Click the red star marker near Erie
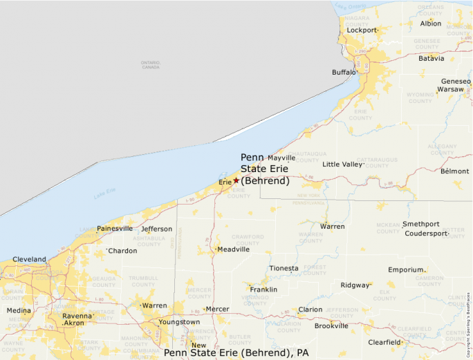click(x=236, y=180)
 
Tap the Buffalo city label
click(x=344, y=72)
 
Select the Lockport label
click(x=362, y=30)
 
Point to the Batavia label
click(x=432, y=58)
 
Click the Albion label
click(x=431, y=23)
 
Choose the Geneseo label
click(x=456, y=81)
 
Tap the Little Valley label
click(x=342, y=164)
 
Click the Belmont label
click(x=454, y=171)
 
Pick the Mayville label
click(x=281, y=158)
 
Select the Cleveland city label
click(x=29, y=259)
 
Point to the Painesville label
click(x=115, y=228)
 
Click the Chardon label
click(x=122, y=251)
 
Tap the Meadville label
click(x=233, y=249)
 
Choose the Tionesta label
click(x=284, y=268)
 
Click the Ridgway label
click(x=355, y=285)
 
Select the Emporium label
click(x=405, y=269)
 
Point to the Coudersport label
click(x=426, y=234)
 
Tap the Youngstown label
click(x=179, y=322)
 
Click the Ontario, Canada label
click(x=150, y=65)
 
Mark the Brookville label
click(x=331, y=325)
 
